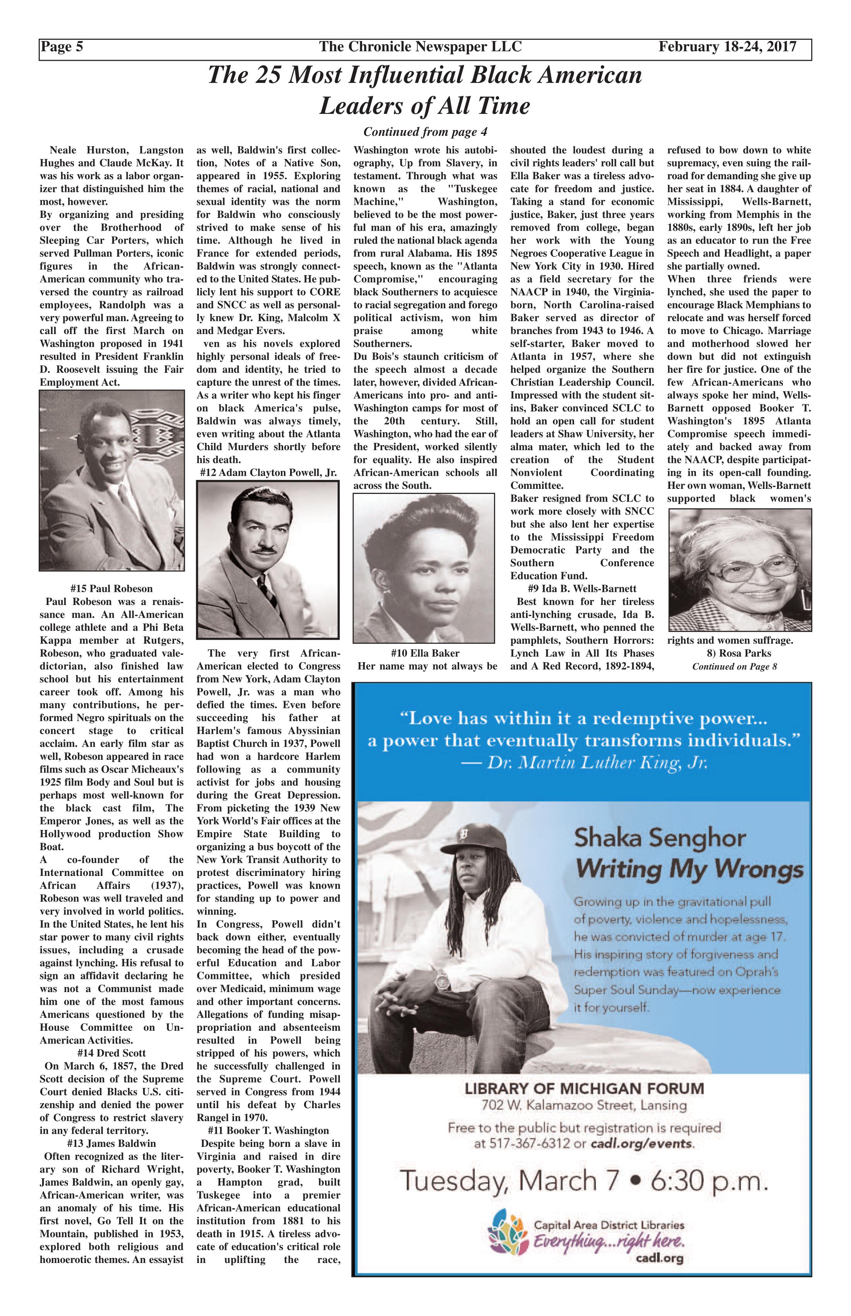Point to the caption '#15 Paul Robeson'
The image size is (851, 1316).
tap(112, 588)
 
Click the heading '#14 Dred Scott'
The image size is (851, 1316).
tap(112, 1053)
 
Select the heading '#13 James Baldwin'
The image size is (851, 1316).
tap(112, 1143)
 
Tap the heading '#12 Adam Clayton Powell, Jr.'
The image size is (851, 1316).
tap(268, 473)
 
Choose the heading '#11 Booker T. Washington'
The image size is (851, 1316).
tap(268, 1130)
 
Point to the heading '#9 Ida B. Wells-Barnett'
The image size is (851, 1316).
tap(582, 588)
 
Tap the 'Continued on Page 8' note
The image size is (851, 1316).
tap(735, 666)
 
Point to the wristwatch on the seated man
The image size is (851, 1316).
tap(442, 982)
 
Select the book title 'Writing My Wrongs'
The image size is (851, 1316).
tap(689, 870)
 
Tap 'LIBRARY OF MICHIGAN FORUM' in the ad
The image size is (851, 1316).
tap(584, 1089)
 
